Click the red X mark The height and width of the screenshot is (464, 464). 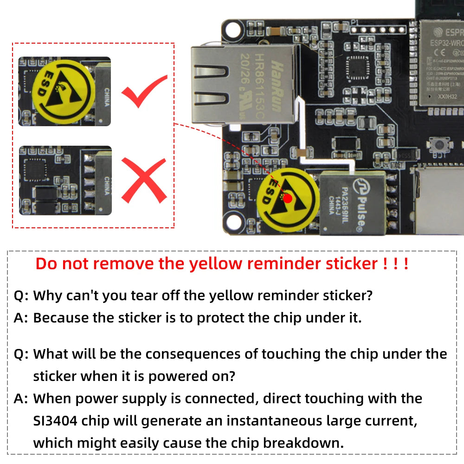pos(144,180)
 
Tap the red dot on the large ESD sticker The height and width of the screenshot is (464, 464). pos(288,198)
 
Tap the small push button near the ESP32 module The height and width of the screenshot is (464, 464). pos(437,145)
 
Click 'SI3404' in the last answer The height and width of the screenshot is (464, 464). pos(58,421)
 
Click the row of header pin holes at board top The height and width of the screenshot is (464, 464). pos(378,29)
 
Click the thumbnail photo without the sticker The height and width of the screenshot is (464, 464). pos(65,180)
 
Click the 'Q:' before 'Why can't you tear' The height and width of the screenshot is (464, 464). pos(21,295)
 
